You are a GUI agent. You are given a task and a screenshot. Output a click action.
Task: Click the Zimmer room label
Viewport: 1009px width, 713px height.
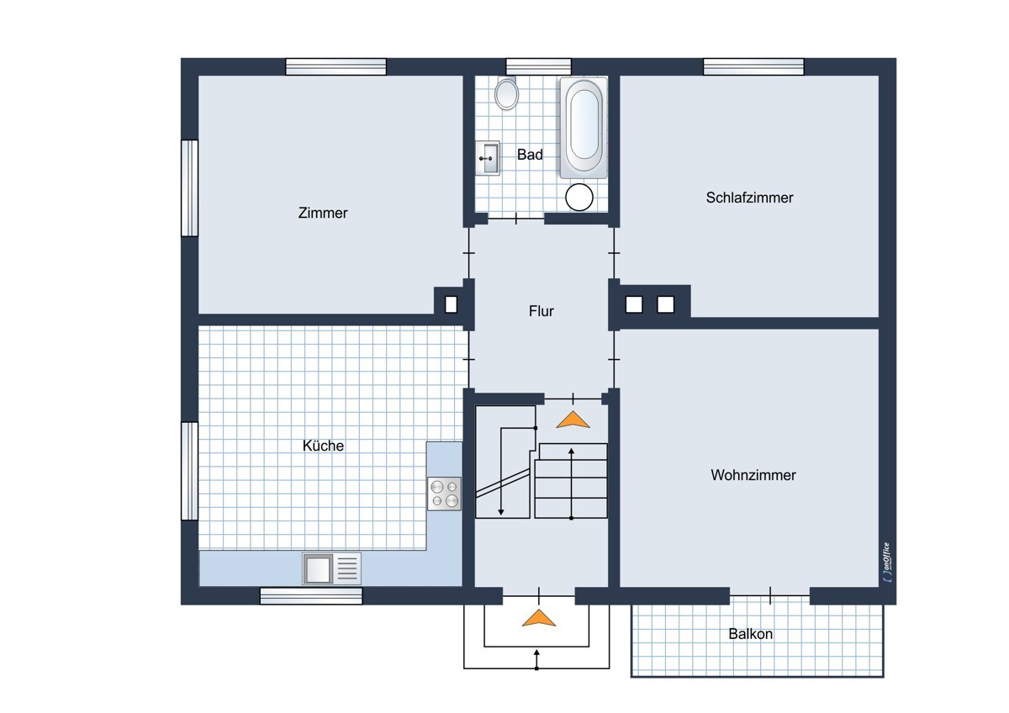pyautogui.click(x=323, y=213)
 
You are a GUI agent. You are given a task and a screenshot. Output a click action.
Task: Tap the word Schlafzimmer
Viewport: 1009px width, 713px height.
pyautogui.click(x=749, y=198)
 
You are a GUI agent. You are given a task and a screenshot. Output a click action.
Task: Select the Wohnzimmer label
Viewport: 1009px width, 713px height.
pyautogui.click(x=753, y=475)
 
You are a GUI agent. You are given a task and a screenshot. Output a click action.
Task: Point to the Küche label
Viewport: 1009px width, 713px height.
pyautogui.click(x=323, y=446)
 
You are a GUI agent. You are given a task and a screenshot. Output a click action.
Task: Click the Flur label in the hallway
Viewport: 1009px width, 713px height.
pyautogui.click(x=541, y=311)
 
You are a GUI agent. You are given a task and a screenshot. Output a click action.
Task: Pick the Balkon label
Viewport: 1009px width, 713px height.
pyautogui.click(x=750, y=634)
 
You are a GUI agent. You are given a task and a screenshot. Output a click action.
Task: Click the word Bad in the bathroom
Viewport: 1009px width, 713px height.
pyautogui.click(x=530, y=155)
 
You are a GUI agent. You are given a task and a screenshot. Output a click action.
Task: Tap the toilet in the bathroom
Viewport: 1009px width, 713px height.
pyautogui.click(x=506, y=93)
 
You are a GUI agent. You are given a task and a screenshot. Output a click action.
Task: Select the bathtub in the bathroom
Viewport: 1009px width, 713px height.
pyautogui.click(x=584, y=128)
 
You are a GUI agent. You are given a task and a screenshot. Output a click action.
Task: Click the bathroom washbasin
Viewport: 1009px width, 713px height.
pyautogui.click(x=488, y=158)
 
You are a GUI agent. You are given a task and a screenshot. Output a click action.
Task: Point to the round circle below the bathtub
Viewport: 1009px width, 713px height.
pyautogui.click(x=579, y=198)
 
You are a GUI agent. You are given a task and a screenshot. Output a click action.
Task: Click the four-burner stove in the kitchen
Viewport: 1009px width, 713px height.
pyautogui.click(x=444, y=494)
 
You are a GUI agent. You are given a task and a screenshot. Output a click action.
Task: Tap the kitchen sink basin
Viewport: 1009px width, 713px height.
pyautogui.click(x=318, y=568)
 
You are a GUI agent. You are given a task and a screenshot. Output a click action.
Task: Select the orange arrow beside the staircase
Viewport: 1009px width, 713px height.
pyautogui.click(x=573, y=420)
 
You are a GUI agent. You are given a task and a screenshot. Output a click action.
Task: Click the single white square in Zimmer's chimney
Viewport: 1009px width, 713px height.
pyautogui.click(x=451, y=304)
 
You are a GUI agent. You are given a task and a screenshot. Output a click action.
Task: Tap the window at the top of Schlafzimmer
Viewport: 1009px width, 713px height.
pyautogui.click(x=753, y=66)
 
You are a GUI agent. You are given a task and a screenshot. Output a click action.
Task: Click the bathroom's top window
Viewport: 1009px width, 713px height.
pyautogui.click(x=539, y=66)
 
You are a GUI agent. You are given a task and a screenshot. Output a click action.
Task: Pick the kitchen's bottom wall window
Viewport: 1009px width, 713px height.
pyautogui.click(x=311, y=596)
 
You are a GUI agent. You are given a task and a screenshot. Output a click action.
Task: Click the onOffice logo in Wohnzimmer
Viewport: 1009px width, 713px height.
pyautogui.click(x=887, y=562)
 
